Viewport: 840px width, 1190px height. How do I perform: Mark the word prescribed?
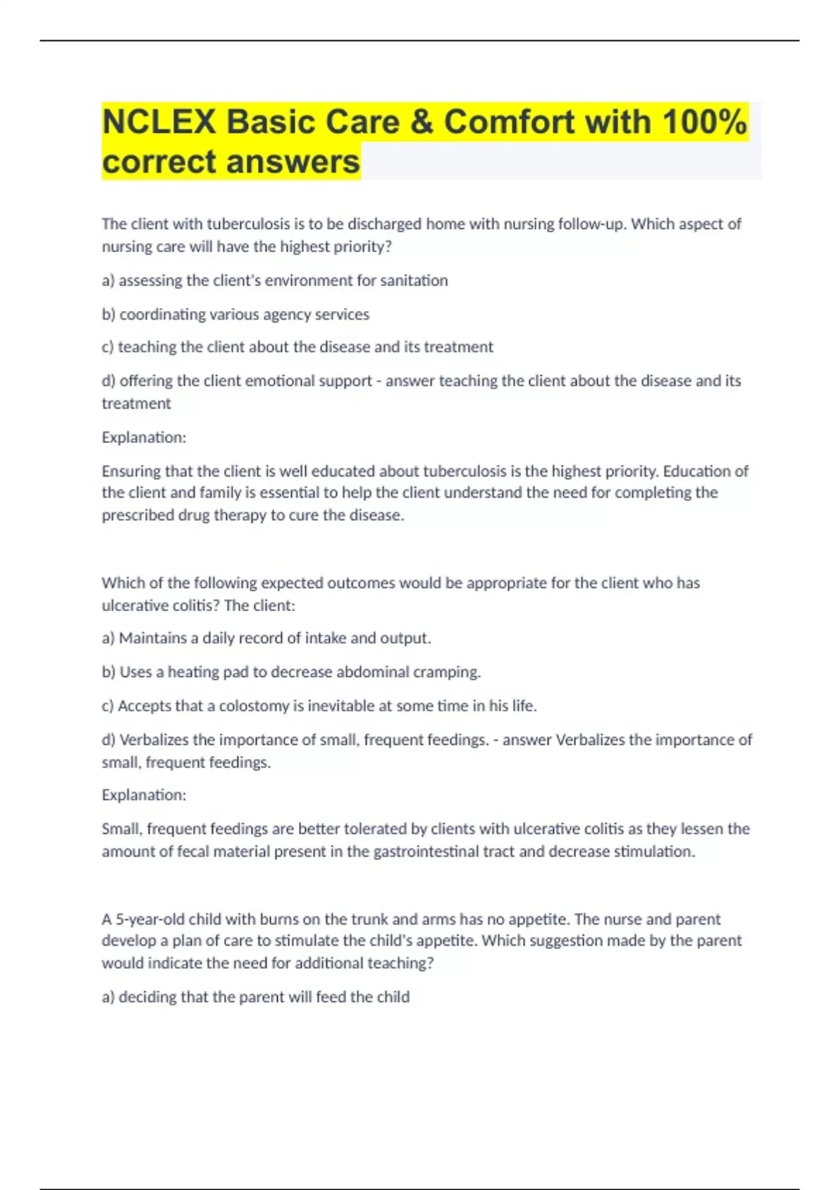(x=136, y=515)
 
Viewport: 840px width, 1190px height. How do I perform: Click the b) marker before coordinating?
(x=108, y=314)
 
